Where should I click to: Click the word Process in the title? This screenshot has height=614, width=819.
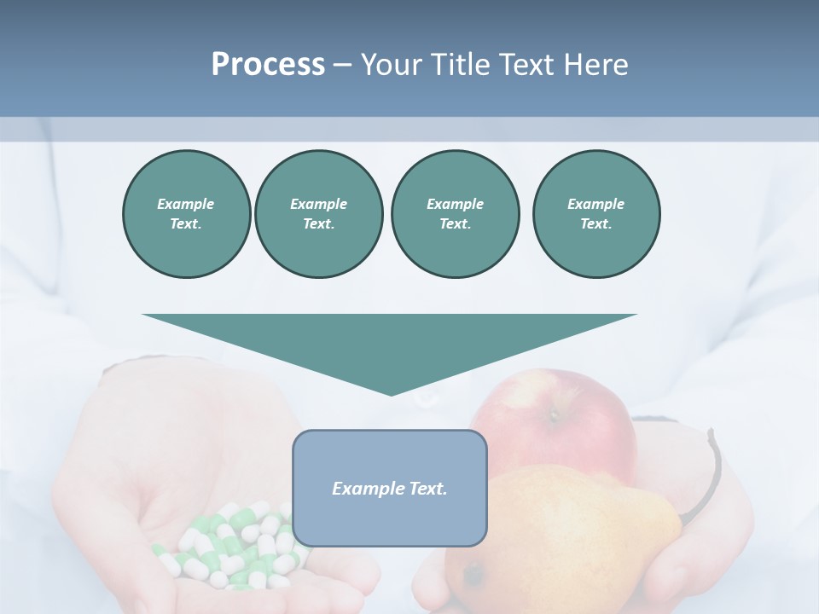pyautogui.click(x=268, y=65)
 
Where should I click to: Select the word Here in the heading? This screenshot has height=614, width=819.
pyautogui.click(x=596, y=65)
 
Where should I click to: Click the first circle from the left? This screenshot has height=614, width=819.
pyautogui.click(x=186, y=214)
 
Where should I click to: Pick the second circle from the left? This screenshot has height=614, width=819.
pyautogui.click(x=318, y=214)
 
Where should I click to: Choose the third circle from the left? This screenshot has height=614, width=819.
pyautogui.click(x=455, y=214)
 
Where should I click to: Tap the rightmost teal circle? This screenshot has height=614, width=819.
pyautogui.click(x=596, y=214)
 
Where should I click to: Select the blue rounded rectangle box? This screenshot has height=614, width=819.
pyautogui.click(x=390, y=520)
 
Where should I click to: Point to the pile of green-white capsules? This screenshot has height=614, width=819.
pyautogui.click(x=230, y=546)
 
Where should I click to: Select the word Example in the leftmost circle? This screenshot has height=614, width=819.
pyautogui.click(x=186, y=204)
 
